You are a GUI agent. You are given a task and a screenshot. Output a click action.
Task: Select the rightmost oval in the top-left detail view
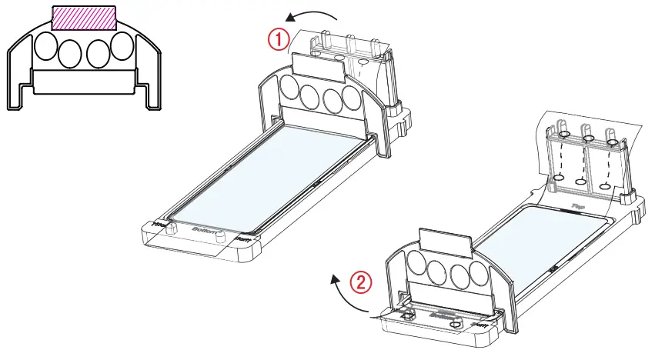[121, 47]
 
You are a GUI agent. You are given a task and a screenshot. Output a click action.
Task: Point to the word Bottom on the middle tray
[205, 229]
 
